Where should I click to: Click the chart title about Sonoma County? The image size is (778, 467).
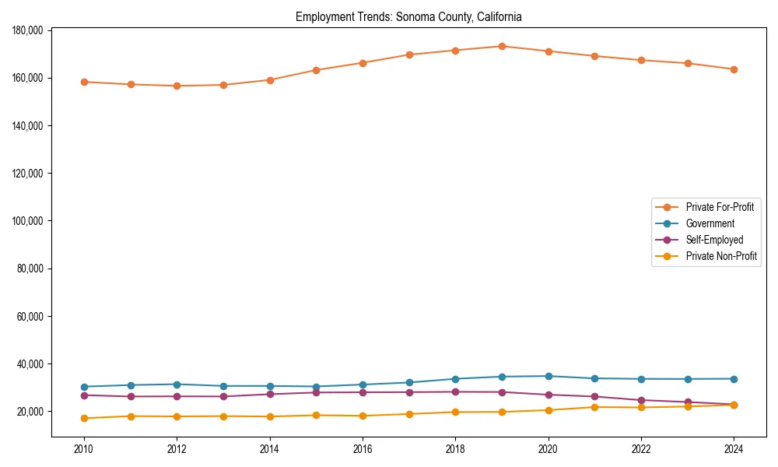[x=408, y=16]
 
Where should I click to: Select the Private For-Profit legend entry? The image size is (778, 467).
[x=720, y=207]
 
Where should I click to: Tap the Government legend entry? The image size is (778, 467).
[x=710, y=223]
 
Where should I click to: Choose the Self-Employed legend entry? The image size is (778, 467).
[x=714, y=240]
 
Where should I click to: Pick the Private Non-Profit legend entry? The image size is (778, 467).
[x=721, y=256]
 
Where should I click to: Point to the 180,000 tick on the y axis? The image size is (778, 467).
[x=27, y=30]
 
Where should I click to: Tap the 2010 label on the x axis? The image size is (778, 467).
[x=84, y=450]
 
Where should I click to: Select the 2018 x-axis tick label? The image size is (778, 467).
[x=455, y=450]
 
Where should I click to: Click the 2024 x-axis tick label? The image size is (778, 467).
[x=734, y=450]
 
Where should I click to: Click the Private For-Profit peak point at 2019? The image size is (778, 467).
[x=502, y=46]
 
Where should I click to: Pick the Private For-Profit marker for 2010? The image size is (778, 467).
[x=84, y=82]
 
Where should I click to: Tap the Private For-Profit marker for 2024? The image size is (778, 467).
[x=734, y=69]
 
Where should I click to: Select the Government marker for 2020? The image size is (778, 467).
[x=548, y=376]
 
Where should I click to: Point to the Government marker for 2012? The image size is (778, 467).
[x=177, y=384]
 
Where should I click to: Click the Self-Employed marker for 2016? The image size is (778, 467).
[x=363, y=392]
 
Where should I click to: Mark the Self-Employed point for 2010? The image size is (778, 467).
[x=84, y=395]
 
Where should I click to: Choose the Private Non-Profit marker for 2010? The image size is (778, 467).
[x=84, y=419]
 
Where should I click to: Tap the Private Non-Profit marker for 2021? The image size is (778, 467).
[x=594, y=407]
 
